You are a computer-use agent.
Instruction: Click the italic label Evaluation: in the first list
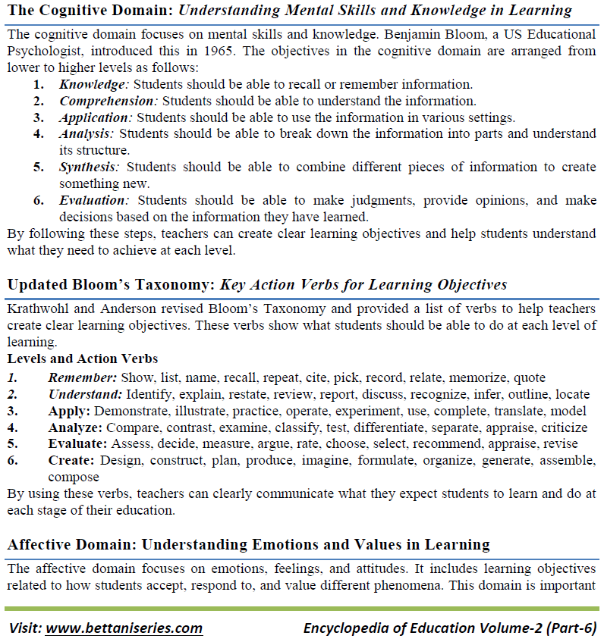(95, 200)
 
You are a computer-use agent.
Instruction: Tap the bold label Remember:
(83, 377)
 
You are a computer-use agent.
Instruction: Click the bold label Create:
(72, 461)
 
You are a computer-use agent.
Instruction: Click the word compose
(74, 478)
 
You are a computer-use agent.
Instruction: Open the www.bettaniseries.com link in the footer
(124, 628)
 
